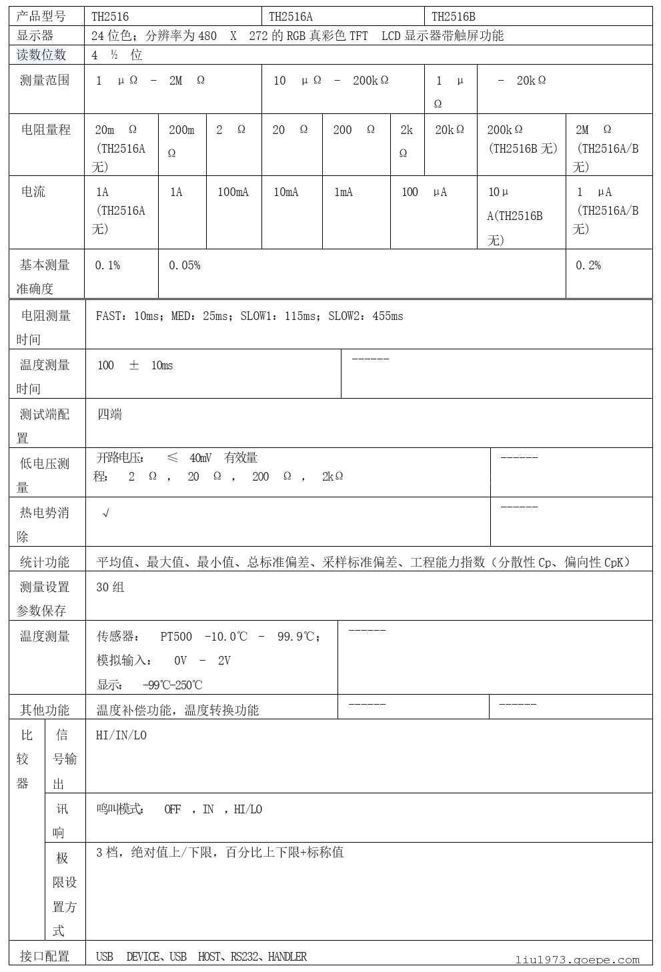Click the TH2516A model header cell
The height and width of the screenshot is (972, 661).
click(291, 17)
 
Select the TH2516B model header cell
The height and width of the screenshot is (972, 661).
click(454, 17)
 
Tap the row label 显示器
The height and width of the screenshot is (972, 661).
click(35, 36)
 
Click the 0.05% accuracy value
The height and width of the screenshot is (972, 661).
click(184, 265)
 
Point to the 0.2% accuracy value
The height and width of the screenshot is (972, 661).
click(588, 265)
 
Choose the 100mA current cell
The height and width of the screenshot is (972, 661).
click(233, 192)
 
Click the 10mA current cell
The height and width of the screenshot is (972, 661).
click(286, 192)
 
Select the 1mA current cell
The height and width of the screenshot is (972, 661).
click(344, 192)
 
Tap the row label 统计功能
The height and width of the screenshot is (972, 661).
click(45, 562)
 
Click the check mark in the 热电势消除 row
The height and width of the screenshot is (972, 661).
click(105, 513)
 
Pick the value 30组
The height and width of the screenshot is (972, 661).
click(111, 587)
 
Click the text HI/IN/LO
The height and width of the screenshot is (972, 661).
click(121, 735)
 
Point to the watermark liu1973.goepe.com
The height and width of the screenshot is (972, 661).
click(578, 960)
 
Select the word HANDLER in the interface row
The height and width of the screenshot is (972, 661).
click(287, 957)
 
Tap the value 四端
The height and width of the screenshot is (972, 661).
click(110, 415)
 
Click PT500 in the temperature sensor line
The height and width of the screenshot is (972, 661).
click(176, 637)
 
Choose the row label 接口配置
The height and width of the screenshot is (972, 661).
click(45, 957)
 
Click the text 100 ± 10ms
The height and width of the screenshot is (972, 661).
click(135, 365)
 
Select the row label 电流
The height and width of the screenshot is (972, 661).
click(33, 192)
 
